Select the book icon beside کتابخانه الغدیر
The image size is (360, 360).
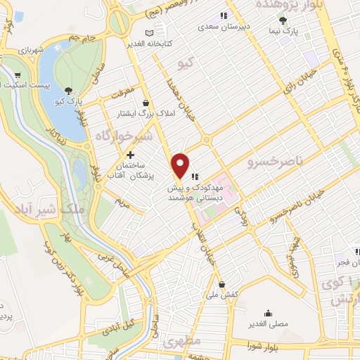coord(148,33)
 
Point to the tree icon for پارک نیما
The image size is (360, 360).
coord(283,20)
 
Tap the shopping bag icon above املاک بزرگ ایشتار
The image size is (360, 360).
coord(145,103)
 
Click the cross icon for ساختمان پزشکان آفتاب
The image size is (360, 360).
coord(131,155)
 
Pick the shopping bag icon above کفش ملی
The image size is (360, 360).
coord(222,285)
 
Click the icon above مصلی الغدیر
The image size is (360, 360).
coord(268,314)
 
